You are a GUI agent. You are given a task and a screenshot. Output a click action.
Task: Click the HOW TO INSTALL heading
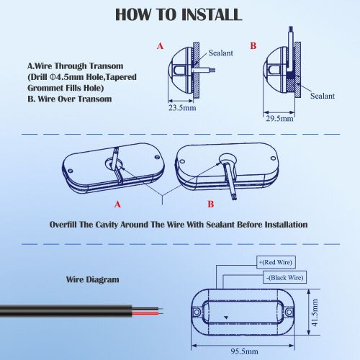pos(179,14)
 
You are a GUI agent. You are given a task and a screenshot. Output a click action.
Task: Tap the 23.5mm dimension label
pos(182,108)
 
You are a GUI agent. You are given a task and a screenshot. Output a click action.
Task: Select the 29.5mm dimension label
pos(279,118)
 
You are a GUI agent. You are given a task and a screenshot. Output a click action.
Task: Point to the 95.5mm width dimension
pos(244,351)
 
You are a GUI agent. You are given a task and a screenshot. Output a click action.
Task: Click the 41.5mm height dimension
pos(315,312)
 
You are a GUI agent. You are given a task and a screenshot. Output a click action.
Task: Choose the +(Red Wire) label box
pos(276,262)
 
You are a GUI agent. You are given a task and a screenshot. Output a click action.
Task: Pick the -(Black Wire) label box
pos(284,277)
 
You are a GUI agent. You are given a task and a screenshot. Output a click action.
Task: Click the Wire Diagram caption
pos(92,279)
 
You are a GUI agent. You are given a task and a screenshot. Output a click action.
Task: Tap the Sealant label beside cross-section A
pos(220,53)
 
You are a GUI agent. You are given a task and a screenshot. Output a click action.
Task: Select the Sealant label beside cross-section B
pos(323,96)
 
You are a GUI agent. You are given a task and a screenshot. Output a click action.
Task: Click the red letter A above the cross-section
pos(160,46)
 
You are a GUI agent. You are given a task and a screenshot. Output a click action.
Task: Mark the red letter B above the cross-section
pos(253,45)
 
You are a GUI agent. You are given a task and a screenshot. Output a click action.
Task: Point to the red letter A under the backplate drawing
pos(117,204)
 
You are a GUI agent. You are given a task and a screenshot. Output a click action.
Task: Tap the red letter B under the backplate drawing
pos(210,204)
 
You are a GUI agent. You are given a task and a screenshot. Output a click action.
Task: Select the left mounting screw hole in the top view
pos(197,312)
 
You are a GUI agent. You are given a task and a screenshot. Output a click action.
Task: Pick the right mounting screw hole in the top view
pos(289,312)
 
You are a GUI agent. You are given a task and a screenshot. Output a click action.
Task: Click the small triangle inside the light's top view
pos(225,318)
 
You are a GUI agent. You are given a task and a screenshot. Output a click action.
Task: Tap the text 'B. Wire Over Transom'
pos(70,99)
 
